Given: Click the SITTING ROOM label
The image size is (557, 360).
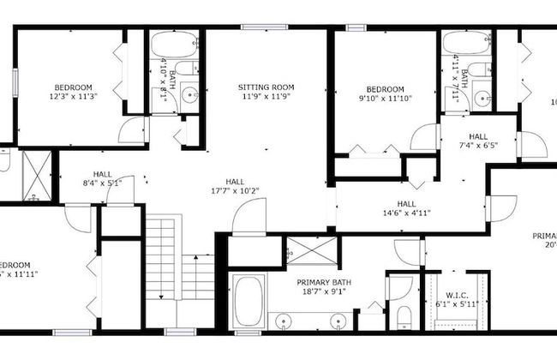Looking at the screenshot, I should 266,87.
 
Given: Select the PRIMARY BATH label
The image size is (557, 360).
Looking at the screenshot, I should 322,282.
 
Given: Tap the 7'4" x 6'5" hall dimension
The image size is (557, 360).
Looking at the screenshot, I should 478,146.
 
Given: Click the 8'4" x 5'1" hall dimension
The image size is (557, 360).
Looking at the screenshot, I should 103,183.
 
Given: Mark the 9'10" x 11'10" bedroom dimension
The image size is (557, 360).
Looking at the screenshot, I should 385,99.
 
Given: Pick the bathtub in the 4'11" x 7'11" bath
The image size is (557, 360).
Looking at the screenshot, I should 467,45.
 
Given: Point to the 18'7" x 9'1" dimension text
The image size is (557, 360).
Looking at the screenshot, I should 324,292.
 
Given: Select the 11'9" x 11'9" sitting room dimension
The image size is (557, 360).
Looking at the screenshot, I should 266,97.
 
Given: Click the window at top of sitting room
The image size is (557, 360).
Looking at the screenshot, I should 256,27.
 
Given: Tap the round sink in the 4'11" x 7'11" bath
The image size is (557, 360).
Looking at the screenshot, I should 482,96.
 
